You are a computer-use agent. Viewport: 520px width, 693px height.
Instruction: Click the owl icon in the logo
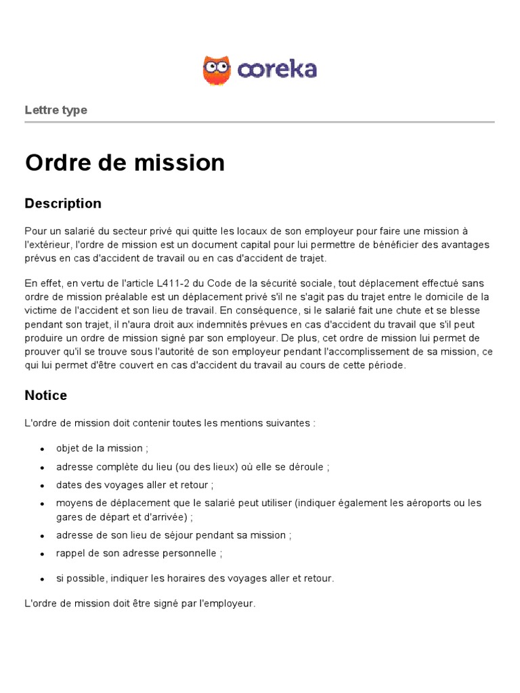coord(217,70)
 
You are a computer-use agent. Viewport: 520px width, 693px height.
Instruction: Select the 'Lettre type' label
coord(56,110)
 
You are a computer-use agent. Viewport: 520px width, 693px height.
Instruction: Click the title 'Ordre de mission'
coord(125,162)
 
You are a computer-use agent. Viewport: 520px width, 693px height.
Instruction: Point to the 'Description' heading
coord(63,203)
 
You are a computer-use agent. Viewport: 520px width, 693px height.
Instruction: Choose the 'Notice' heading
coord(46,395)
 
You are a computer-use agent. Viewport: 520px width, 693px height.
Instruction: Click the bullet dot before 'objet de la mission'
coord(42,449)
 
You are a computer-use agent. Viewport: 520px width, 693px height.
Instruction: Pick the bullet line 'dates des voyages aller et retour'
coord(135,485)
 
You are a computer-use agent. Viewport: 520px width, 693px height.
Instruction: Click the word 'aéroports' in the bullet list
coord(430,503)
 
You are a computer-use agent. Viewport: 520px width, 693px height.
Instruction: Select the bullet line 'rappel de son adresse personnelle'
coord(139,553)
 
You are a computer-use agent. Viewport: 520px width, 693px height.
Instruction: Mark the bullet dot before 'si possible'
coord(42,579)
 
